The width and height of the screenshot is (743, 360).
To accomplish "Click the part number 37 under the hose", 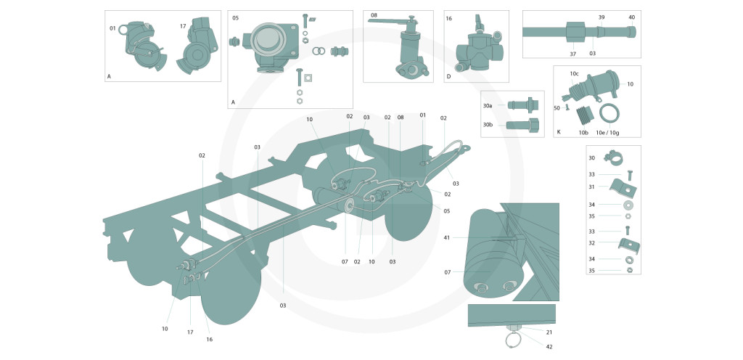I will [x=572, y=53].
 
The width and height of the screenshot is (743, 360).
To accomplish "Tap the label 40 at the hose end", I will [x=631, y=17].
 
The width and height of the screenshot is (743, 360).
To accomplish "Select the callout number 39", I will [x=601, y=17].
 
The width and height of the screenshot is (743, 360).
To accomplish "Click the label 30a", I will [x=488, y=105].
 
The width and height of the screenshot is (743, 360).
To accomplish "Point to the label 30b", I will [x=488, y=124].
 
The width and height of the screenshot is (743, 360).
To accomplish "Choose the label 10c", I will [x=574, y=73].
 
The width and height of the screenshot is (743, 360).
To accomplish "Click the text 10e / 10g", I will [x=608, y=133].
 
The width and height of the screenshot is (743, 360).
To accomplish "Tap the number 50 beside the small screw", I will [x=557, y=107].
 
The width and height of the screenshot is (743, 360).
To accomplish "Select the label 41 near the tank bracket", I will [x=447, y=237].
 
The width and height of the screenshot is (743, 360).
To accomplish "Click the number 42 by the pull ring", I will [x=549, y=346].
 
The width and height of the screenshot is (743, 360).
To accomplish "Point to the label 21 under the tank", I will [x=549, y=332].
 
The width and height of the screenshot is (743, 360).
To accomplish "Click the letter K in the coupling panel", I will [x=558, y=132].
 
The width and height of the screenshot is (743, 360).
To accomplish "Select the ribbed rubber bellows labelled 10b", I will [x=583, y=114].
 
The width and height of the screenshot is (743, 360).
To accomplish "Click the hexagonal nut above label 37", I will [x=574, y=32].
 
